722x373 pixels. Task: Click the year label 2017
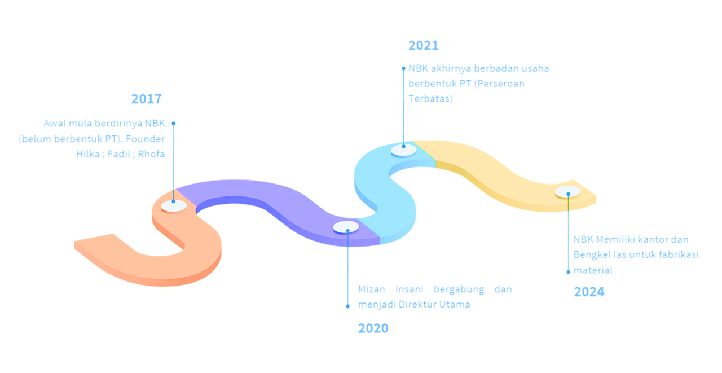click(x=147, y=99)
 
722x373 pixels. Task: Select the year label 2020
click(x=372, y=328)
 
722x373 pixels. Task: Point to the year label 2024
click(x=589, y=292)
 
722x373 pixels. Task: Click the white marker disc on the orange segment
click(x=174, y=205)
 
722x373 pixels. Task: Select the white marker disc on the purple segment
click(x=346, y=227)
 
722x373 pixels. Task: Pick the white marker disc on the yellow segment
click(x=568, y=192)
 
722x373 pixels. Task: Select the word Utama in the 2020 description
click(x=456, y=304)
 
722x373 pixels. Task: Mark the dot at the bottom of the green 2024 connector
click(x=568, y=271)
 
